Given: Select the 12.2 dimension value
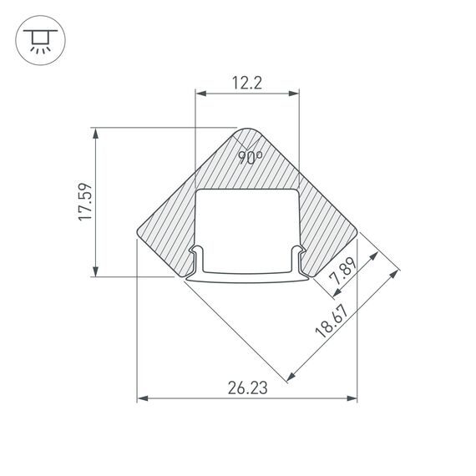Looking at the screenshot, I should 247,82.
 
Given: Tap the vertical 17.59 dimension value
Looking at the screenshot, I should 84,201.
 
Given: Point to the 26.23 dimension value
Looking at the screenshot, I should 246,387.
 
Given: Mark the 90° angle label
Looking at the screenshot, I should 250,156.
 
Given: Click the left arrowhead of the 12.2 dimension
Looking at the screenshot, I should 199,94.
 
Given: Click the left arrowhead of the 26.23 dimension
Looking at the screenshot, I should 141,399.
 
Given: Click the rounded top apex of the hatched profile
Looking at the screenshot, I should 247,129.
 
